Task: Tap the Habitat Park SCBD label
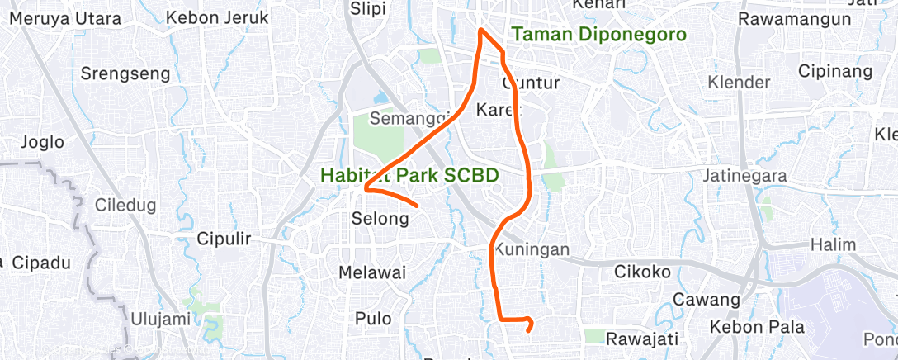[423, 176]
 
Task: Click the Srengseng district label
[125, 73]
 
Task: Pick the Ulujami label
[161, 318]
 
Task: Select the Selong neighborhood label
[380, 219]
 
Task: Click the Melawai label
[372, 272]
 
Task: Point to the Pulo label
[372, 318]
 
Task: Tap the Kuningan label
[534, 249]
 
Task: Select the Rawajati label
[642, 339]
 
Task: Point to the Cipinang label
[835, 71]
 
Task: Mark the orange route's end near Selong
[418, 205]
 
